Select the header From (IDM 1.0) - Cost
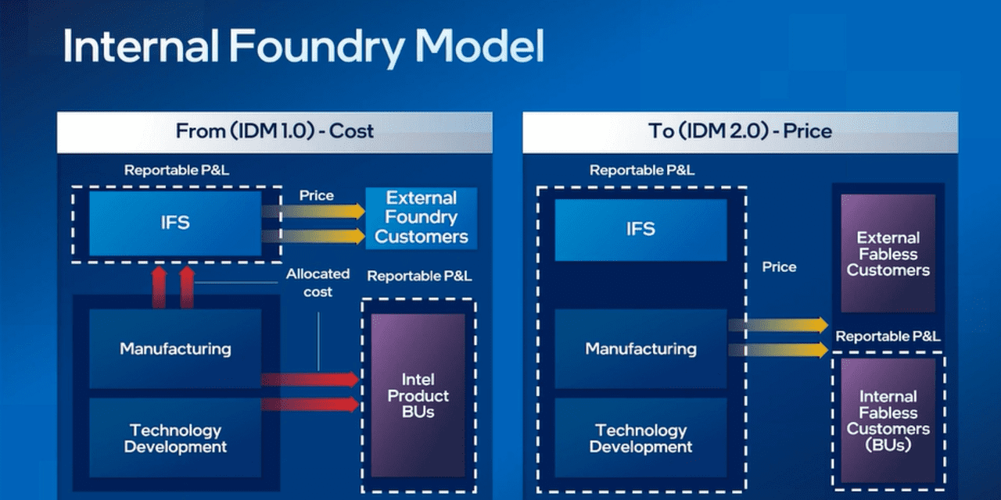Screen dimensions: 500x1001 [x=274, y=131]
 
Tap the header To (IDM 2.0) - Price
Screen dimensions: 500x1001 [x=740, y=131]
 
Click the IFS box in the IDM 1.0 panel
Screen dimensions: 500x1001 [x=175, y=223]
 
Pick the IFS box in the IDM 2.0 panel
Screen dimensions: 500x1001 [x=640, y=229]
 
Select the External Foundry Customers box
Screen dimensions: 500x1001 [x=422, y=217]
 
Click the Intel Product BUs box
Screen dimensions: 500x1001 [x=418, y=395]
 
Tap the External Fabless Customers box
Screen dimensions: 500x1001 [x=888, y=254]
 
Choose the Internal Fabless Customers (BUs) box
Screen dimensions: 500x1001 [x=888, y=420]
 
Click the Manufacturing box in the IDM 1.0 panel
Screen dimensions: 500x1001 [x=175, y=348]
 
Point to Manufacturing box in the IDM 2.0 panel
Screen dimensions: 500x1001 [x=640, y=348]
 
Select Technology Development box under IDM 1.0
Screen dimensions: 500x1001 [x=175, y=438]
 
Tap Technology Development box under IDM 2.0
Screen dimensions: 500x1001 [x=640, y=438]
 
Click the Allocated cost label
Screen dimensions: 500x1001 [x=318, y=283]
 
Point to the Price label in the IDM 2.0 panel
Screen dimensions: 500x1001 [x=779, y=267]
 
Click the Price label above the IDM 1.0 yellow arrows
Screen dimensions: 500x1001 [x=316, y=195]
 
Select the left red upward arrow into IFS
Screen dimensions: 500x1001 [x=159, y=287]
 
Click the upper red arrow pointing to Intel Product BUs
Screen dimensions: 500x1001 [x=310, y=380]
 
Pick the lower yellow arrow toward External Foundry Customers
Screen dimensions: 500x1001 [x=313, y=236]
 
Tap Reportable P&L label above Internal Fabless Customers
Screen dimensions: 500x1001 [x=888, y=337]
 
